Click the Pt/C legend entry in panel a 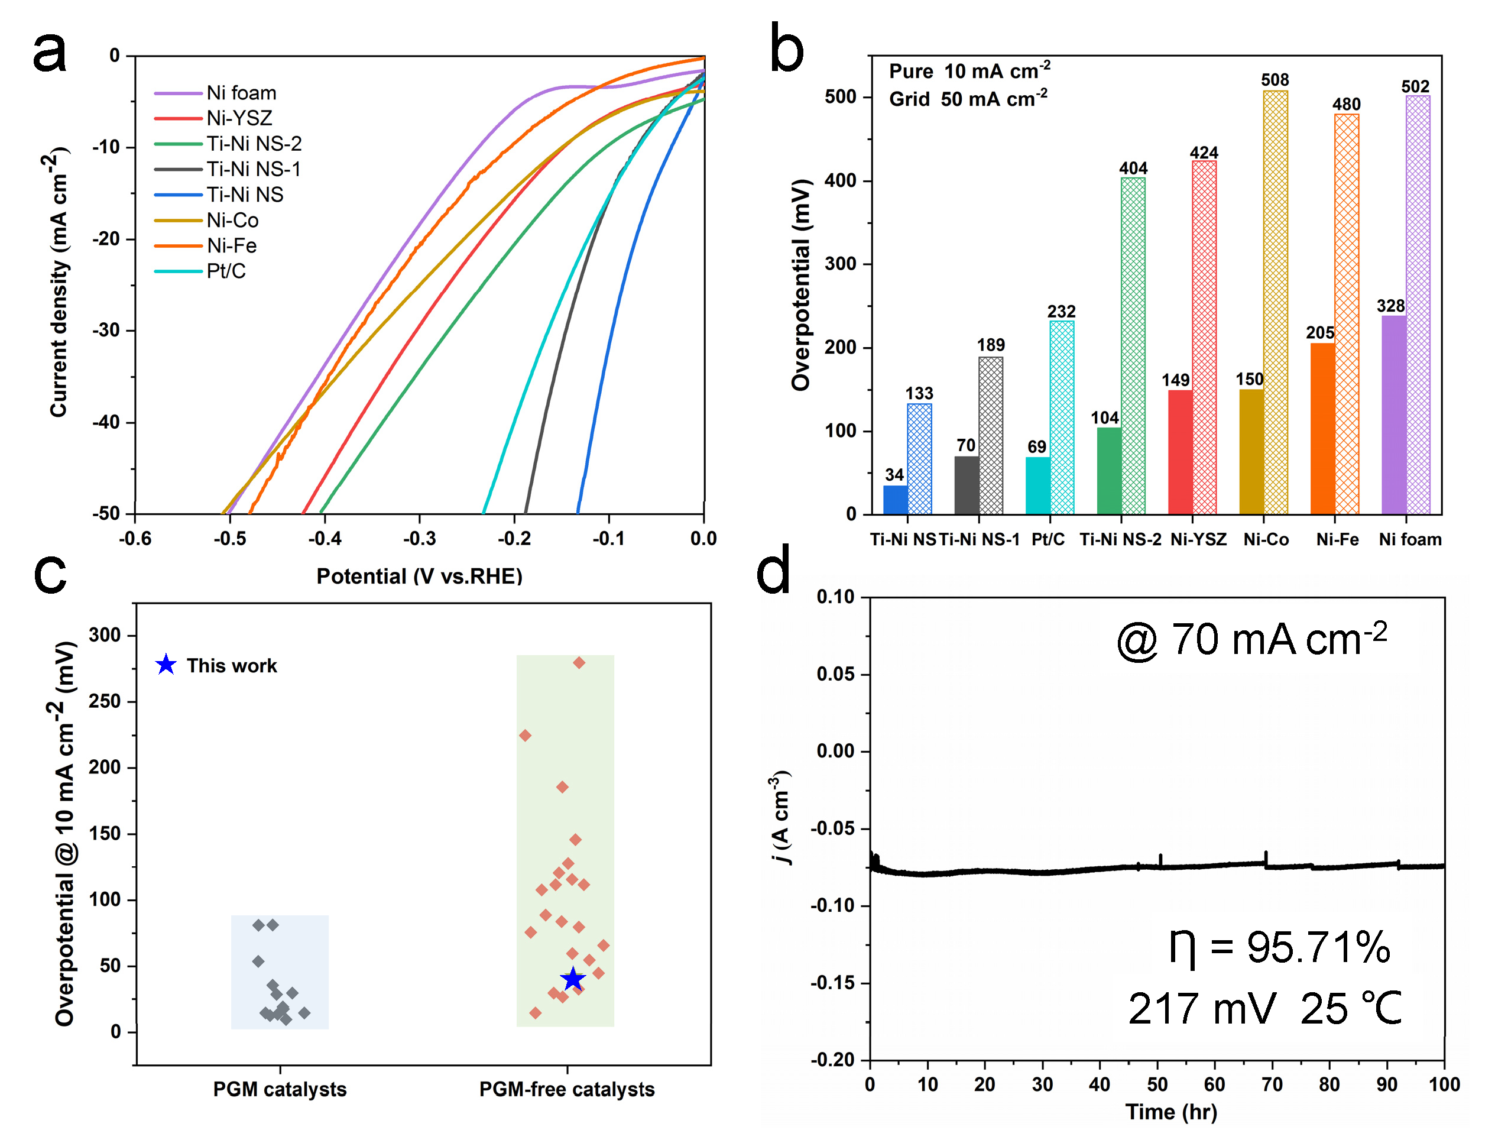coord(226,271)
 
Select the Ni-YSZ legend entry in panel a coord(239,118)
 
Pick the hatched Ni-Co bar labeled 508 coord(1275,302)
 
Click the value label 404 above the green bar coord(1133,168)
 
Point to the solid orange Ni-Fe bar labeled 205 coord(1322,428)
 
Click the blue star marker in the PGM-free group coord(573,979)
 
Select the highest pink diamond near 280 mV coord(579,663)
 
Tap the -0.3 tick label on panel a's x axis coord(419,539)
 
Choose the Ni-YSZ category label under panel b coord(1198,539)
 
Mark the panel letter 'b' coord(786,49)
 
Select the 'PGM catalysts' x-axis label coord(280,1089)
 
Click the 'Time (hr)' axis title coord(1170,1112)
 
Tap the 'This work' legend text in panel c coord(231,665)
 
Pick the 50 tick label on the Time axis coord(1157,1084)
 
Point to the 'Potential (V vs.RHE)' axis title coord(419,577)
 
